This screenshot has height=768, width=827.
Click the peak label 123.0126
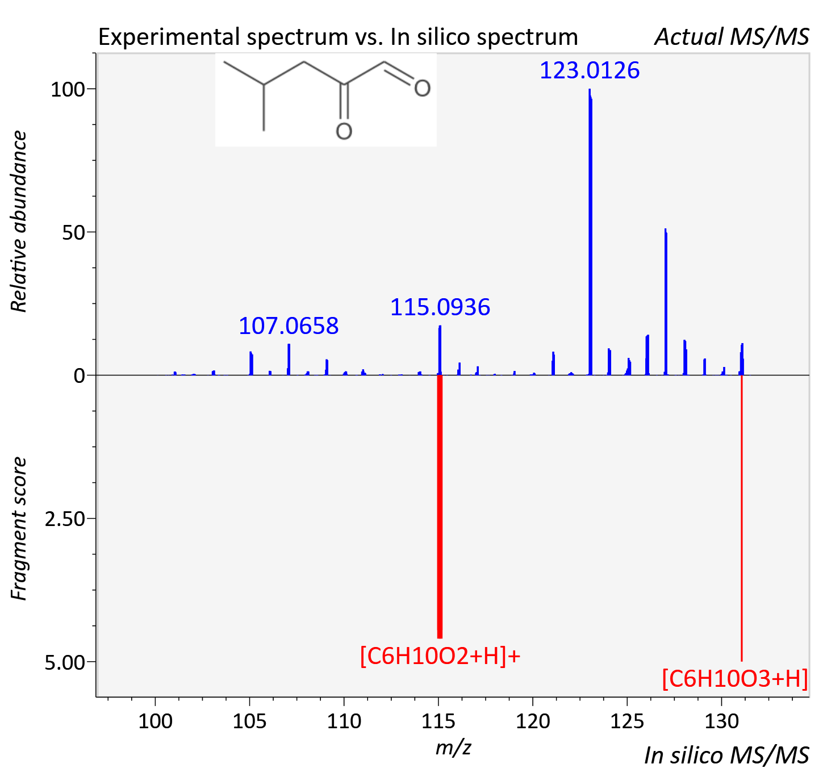point(589,70)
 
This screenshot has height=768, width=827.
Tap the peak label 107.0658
point(289,325)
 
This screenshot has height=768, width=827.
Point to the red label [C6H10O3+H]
point(735,678)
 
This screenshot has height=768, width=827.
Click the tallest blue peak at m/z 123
point(590,232)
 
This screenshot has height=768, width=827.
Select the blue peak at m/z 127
point(666,302)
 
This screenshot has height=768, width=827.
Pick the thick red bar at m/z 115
point(440,507)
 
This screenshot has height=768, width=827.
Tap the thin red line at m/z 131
point(742,518)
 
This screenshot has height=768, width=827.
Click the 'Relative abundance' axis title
point(19,221)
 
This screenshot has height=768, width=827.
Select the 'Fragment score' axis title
point(19,528)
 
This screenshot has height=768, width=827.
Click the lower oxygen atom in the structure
point(344,131)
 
